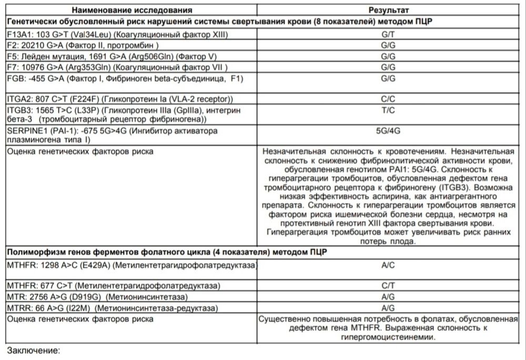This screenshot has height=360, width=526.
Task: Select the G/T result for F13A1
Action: click(388, 34)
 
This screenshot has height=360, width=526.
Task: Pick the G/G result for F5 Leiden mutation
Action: click(388, 56)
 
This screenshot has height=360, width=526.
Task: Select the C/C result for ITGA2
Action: click(388, 98)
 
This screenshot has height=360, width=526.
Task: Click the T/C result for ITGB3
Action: click(388, 109)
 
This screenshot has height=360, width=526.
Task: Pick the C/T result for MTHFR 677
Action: click(388, 285)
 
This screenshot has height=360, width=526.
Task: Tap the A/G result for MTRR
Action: click(388, 307)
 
